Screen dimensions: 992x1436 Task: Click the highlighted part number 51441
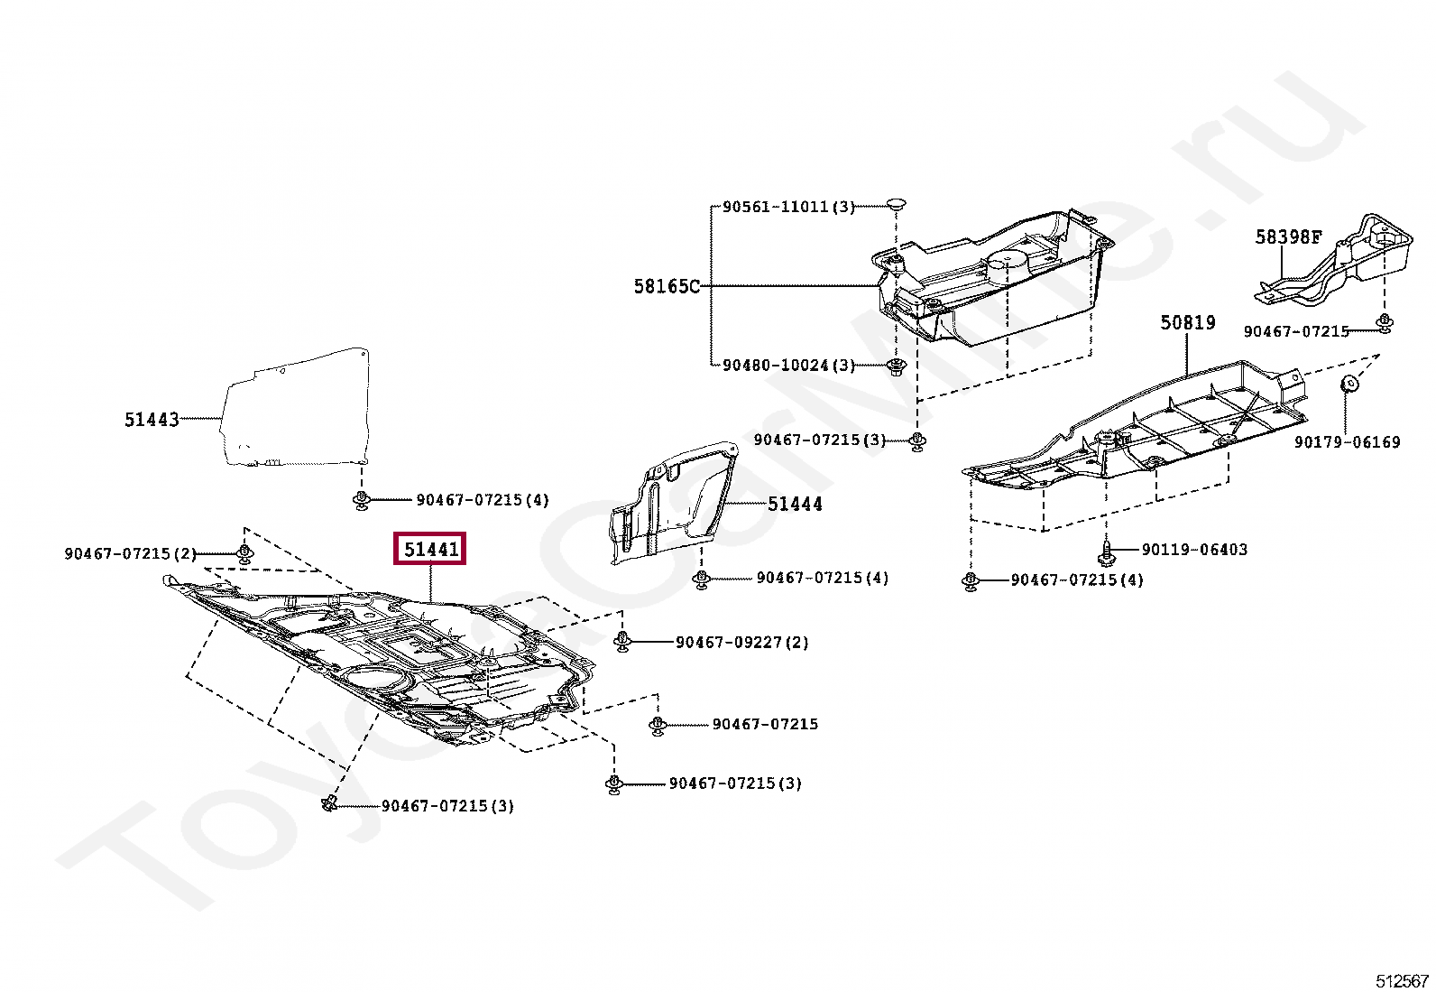[430, 549]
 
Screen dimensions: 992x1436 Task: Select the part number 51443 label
[152, 420]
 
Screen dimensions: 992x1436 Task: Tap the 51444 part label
[795, 505]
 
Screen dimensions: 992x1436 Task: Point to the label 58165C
[666, 287]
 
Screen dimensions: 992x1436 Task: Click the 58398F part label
[1288, 237]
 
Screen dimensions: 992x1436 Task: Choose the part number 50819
[1187, 323]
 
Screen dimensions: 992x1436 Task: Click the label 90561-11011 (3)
[787, 207]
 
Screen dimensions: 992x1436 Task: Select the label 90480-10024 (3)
[787, 366]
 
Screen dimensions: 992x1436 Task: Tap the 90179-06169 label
[1347, 442]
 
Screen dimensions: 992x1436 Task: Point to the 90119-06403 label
[1194, 550]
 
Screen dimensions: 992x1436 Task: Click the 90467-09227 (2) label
[741, 643]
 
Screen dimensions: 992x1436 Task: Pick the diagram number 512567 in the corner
[1402, 981]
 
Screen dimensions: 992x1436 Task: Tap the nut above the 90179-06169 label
[1350, 383]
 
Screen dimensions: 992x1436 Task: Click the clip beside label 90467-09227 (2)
[621, 641]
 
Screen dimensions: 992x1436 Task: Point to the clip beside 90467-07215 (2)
[244, 552]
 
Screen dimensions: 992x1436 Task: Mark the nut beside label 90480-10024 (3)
[896, 366]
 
